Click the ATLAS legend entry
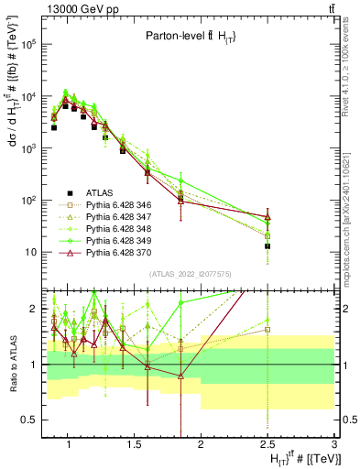(x=100, y=192)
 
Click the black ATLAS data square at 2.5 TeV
(x=267, y=246)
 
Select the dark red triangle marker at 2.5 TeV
(x=267, y=217)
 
